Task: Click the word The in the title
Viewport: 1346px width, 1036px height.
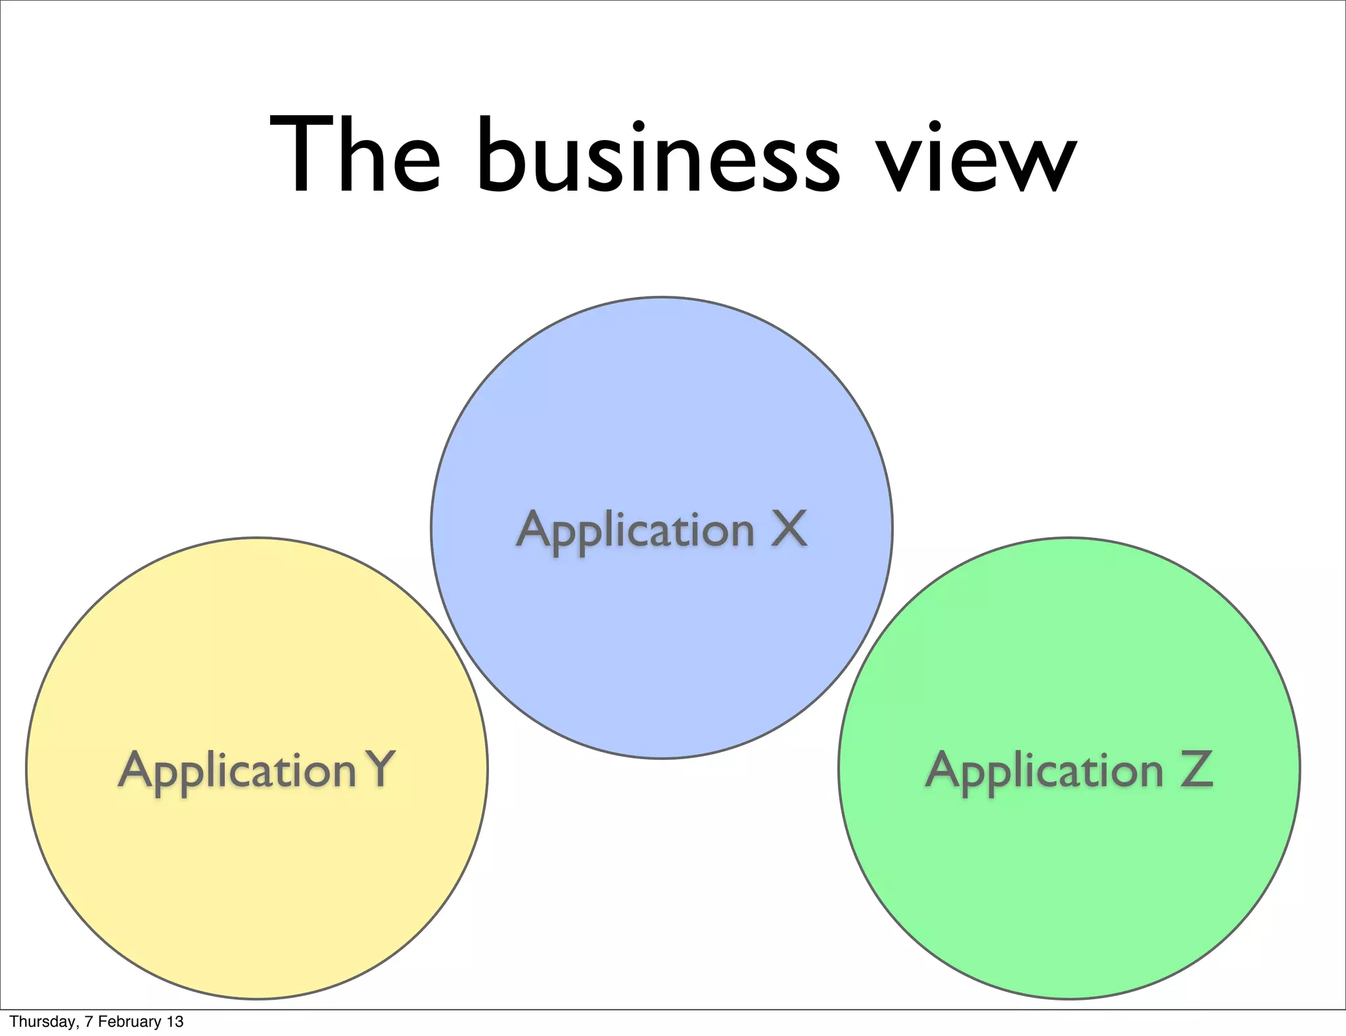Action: (355, 156)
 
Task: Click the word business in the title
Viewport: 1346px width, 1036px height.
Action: (657, 156)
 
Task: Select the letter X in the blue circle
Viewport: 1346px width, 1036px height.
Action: (789, 529)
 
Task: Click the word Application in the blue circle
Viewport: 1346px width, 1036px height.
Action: (635, 531)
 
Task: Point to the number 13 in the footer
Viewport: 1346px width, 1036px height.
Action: (175, 1022)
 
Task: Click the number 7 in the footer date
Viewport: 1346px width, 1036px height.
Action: (88, 1022)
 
